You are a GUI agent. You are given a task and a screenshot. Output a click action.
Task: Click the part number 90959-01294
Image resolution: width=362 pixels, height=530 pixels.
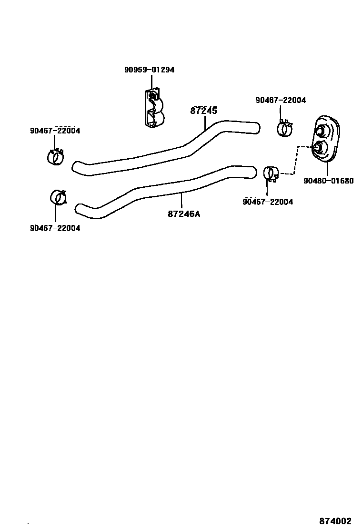coord(149,70)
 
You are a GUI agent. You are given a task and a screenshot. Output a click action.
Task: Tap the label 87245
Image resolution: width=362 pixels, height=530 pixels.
coord(203,111)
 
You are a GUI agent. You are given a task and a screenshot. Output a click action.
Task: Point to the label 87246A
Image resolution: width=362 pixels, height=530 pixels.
coord(184,214)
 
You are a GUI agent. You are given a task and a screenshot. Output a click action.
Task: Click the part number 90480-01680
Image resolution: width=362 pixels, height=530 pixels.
coord(328,181)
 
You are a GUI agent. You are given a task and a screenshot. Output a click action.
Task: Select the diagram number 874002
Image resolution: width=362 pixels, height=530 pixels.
coord(335,521)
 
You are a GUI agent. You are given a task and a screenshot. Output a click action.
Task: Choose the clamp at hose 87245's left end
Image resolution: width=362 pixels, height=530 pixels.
coord(56,157)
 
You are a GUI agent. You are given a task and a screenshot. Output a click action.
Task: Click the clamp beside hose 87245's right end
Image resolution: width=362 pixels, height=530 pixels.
coord(285,128)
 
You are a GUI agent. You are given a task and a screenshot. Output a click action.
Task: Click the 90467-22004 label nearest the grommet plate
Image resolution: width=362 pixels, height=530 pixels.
coord(281,100)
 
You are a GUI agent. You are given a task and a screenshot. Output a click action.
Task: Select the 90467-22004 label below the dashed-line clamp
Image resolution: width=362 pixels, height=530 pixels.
coord(268,202)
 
